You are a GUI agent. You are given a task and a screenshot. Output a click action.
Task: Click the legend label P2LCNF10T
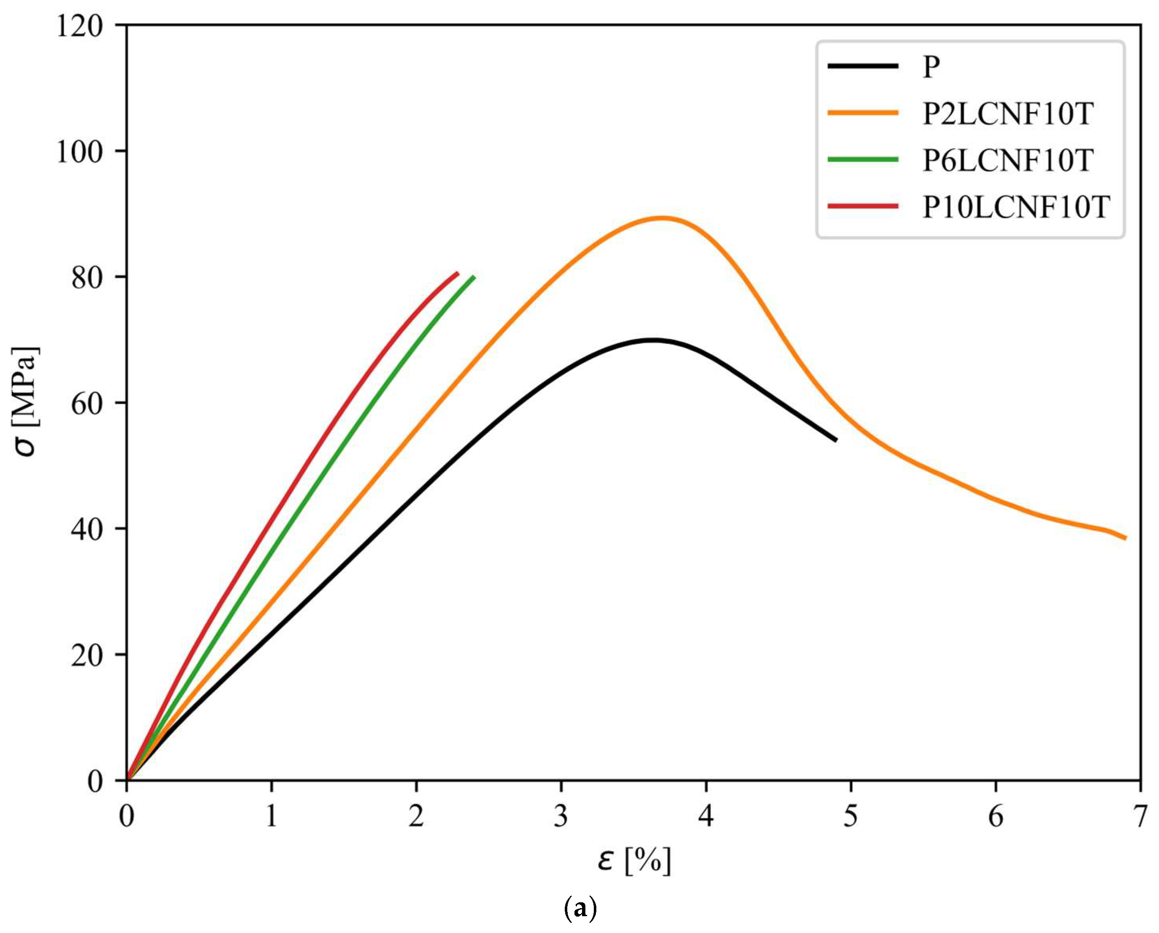1007,113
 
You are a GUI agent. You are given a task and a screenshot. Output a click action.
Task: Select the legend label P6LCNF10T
1007,160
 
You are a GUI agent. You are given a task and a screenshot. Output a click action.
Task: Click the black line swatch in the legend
863,66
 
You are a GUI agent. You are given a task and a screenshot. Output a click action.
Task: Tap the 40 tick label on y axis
87,529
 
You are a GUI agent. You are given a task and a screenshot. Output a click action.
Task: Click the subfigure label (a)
580,908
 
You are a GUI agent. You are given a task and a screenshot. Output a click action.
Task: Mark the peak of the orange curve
662,218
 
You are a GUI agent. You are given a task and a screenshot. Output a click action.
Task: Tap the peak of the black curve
652,340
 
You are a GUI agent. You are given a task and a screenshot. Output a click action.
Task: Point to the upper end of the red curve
457,273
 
